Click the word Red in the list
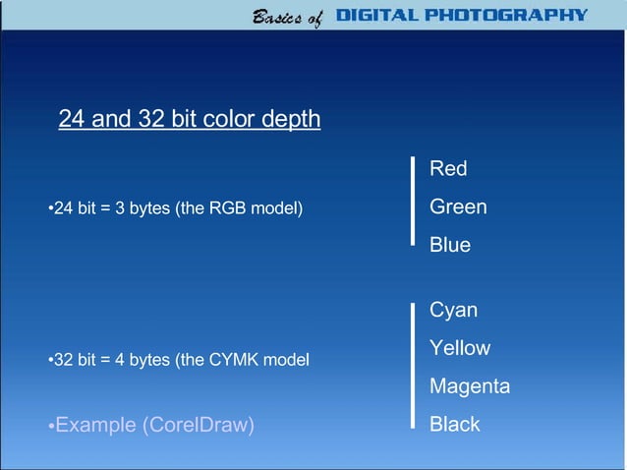(448, 169)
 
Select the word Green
(458, 207)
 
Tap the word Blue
(450, 245)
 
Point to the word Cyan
(453, 311)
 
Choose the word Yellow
(460, 348)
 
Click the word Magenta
(470, 386)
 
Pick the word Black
(455, 425)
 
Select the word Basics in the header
(277, 16)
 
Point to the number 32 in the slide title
(152, 120)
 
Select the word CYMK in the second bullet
(229, 360)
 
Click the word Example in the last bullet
(96, 425)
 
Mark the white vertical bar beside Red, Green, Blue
(414, 200)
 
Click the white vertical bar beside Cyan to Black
(414, 365)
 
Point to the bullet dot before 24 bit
(50, 209)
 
